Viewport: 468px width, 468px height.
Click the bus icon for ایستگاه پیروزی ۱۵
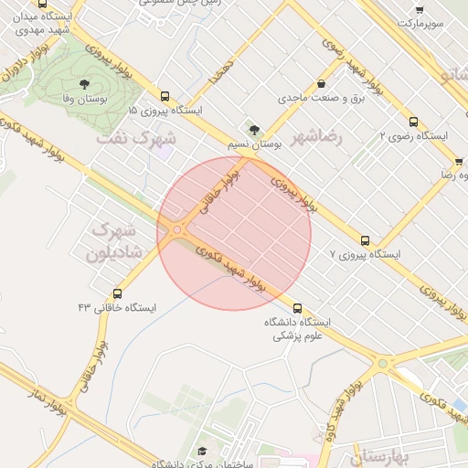point(165,96)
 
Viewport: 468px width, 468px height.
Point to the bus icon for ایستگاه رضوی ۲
point(413,121)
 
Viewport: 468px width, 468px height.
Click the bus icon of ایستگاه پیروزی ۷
point(366,240)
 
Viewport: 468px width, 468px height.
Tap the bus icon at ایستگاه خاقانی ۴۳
point(117,293)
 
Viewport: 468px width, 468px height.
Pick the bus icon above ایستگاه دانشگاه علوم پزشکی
point(297,307)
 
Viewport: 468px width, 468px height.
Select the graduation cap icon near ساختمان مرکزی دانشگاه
point(202,452)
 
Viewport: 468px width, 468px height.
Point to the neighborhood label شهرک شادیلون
point(116,240)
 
